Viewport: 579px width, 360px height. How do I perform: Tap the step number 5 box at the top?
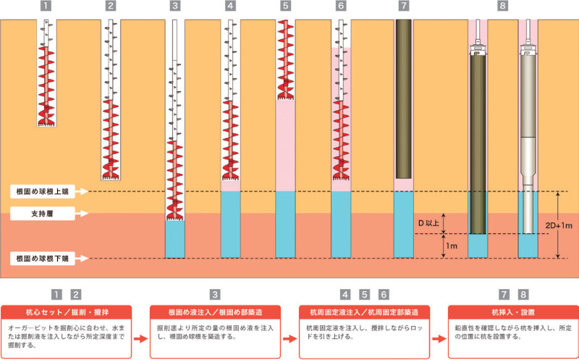(286, 7)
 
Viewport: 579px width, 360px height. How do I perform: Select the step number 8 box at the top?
(503, 7)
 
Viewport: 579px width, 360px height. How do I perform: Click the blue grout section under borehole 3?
(175, 239)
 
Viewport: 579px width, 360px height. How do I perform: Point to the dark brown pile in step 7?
(404, 101)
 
